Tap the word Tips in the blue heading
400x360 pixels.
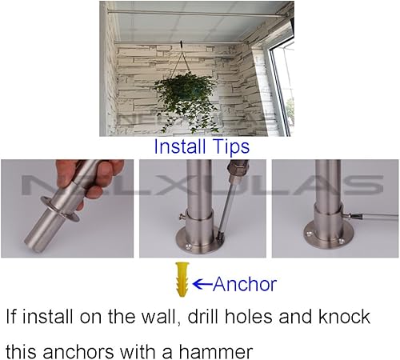pos(230,147)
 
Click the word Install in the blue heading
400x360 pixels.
pos(181,147)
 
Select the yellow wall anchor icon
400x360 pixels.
pos(182,282)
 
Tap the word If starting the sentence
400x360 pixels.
pos(12,317)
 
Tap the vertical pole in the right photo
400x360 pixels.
pos(327,188)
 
